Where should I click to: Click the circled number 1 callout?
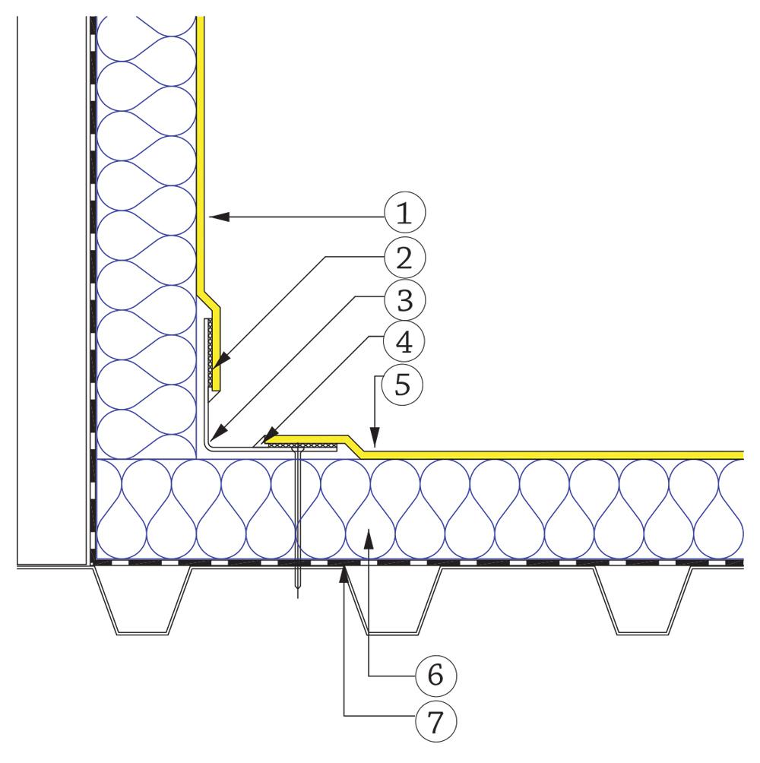(x=404, y=217)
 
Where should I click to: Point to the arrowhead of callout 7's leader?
(x=344, y=571)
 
